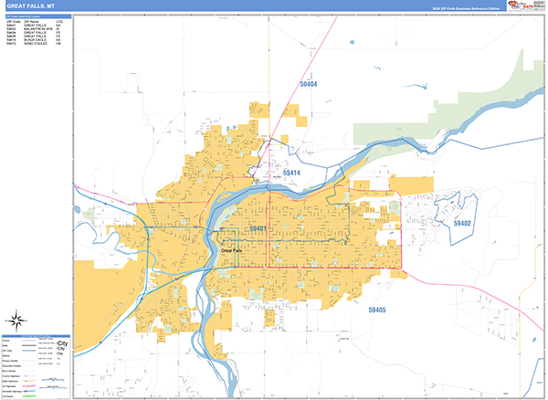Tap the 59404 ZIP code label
tap(308, 84)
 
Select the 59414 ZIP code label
tap(290, 173)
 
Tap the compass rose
tap(16, 320)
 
